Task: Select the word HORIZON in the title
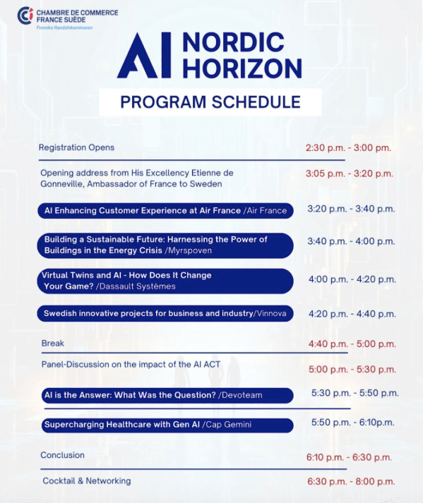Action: pos(242,68)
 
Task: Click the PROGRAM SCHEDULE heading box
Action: pos(210,102)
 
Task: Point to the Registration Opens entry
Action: pos(76,147)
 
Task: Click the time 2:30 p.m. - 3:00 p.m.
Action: pos(348,148)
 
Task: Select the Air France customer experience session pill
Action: pos(165,211)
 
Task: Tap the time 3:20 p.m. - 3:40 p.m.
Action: pos(351,209)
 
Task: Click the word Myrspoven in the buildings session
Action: pos(189,250)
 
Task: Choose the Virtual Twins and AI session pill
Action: pos(165,281)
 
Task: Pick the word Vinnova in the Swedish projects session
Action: pos(272,313)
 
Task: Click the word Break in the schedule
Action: pos(53,344)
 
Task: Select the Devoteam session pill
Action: pos(165,395)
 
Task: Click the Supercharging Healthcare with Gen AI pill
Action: pos(165,425)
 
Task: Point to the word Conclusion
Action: pos(62,455)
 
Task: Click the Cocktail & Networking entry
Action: pos(86,481)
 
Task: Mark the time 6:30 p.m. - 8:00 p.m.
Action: pos(350,481)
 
